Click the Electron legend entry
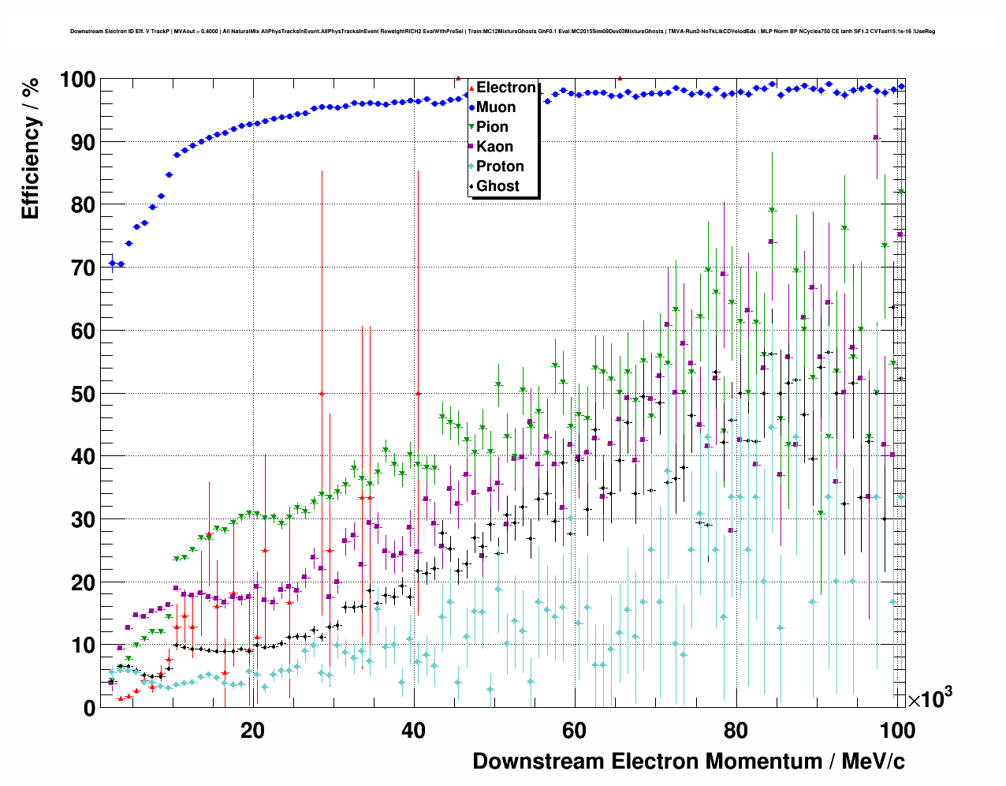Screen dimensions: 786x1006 (x=505, y=88)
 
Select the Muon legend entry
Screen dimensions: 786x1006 (x=496, y=107)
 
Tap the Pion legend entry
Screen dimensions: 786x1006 (x=492, y=127)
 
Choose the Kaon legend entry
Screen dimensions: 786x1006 (x=494, y=147)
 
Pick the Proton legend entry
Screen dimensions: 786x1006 (x=500, y=167)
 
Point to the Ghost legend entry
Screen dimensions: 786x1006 (x=497, y=186)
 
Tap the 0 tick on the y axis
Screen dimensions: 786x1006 (x=89, y=708)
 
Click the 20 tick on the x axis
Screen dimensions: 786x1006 (x=253, y=731)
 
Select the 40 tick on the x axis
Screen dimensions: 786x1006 (x=414, y=731)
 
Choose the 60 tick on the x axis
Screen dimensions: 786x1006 (x=575, y=731)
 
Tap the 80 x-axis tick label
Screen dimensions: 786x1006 (x=736, y=731)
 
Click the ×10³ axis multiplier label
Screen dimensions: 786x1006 (x=930, y=698)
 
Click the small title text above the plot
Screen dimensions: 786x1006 (x=502, y=32)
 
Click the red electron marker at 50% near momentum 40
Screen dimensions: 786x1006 (x=418, y=393)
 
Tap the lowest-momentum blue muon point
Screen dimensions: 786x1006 (x=112, y=263)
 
